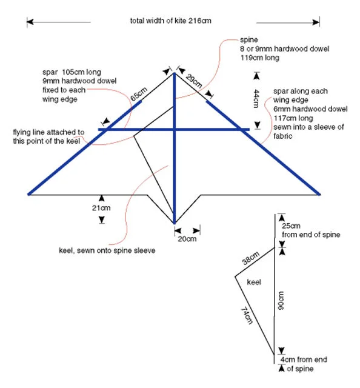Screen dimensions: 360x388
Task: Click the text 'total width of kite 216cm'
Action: (x=171, y=21)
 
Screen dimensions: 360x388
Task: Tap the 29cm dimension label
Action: (x=194, y=81)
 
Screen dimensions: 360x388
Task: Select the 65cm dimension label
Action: (x=139, y=94)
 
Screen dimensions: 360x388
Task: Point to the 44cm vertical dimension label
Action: (x=256, y=98)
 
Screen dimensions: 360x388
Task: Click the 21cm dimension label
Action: (x=101, y=208)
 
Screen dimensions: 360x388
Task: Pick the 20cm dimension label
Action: (x=187, y=239)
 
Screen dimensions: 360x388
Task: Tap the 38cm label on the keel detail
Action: (x=251, y=258)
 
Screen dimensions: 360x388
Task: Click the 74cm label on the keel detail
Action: (x=247, y=315)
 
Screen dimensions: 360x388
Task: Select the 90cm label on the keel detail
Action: (x=281, y=301)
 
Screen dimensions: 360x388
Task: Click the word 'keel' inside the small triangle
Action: (x=254, y=282)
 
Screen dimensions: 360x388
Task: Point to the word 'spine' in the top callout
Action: (x=249, y=40)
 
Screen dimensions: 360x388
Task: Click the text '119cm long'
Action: (x=260, y=58)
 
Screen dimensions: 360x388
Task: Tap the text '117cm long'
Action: (x=293, y=118)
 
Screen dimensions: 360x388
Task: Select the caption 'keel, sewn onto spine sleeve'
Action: (x=107, y=250)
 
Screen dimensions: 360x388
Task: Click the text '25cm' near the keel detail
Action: (x=291, y=226)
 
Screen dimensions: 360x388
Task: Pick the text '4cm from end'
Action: (x=304, y=360)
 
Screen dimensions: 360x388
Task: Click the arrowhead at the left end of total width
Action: (x=30, y=22)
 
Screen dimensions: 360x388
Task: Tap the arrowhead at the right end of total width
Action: (x=316, y=22)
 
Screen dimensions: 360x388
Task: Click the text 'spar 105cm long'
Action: (x=72, y=72)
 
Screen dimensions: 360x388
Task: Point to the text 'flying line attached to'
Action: (x=48, y=132)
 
